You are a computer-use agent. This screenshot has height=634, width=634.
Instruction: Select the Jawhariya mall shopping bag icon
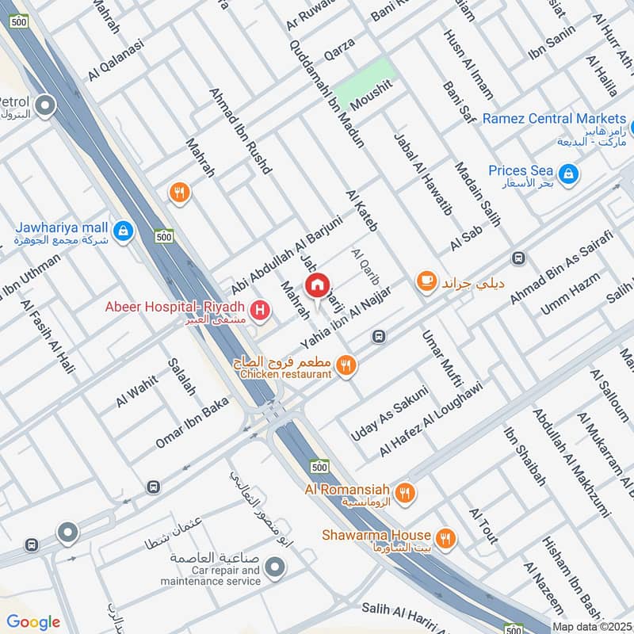point(122,231)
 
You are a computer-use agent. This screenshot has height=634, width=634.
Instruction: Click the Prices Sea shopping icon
point(567,172)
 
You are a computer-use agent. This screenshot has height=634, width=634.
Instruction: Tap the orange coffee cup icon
point(426,281)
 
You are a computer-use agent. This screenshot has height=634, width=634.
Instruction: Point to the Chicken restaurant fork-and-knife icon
point(346,365)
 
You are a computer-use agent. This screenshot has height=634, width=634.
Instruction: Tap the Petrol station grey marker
point(45,104)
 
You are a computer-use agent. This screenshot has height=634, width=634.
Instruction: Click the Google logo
point(33,622)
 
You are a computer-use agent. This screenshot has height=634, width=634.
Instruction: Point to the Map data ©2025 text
point(591,626)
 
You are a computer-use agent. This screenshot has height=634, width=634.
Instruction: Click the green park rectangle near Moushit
point(364,82)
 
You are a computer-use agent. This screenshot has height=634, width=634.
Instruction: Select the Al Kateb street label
point(361,211)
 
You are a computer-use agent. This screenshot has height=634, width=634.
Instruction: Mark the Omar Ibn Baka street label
point(192,422)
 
